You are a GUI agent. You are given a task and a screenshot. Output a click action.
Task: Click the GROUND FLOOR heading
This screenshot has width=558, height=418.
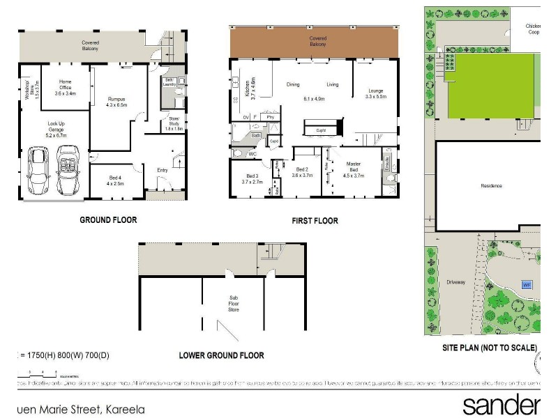pyautogui.click(x=107, y=219)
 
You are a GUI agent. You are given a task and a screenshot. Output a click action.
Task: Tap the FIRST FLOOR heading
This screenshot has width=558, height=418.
pyautogui.click(x=315, y=221)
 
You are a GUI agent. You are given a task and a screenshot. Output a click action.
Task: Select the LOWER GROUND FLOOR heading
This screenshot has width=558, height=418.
pyautogui.click(x=221, y=355)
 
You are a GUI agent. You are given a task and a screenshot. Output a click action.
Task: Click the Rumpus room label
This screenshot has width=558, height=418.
pyautogui.click(x=116, y=102)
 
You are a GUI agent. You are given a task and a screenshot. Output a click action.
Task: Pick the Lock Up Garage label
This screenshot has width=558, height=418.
pyautogui.click(x=56, y=129)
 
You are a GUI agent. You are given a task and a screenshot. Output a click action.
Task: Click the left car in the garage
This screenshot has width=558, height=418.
pyautogui.click(x=37, y=171)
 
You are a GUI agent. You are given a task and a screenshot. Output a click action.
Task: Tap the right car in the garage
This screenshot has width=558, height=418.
pyautogui.click(x=67, y=171)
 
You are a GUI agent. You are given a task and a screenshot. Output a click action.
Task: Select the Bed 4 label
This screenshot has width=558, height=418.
pyautogui.click(x=116, y=180)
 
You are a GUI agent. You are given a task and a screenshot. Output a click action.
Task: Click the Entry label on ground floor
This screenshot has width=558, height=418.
pyautogui.click(x=163, y=169)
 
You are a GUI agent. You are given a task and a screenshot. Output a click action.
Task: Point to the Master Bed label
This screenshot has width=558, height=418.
pyautogui.click(x=354, y=170)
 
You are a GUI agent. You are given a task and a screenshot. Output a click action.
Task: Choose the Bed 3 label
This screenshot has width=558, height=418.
pyautogui.click(x=252, y=178)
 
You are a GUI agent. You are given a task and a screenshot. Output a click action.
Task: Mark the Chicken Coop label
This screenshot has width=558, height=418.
pyautogui.click(x=534, y=29)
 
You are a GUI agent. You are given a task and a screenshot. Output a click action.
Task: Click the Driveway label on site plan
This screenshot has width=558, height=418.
pyautogui.click(x=456, y=283)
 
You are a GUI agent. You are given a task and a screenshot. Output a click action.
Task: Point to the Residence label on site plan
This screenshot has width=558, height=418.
pyautogui.click(x=491, y=186)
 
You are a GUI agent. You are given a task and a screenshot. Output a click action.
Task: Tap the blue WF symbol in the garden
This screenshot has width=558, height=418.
pyautogui.click(x=527, y=284)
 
